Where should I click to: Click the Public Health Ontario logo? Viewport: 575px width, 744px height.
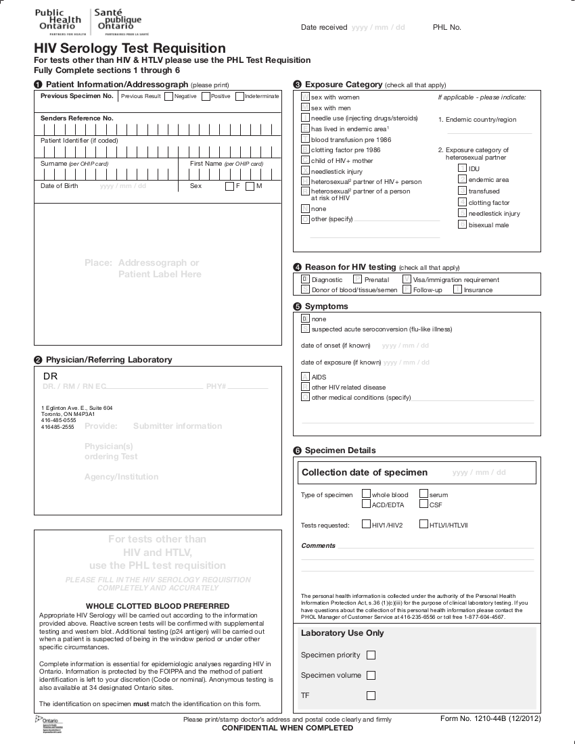click(x=91, y=22)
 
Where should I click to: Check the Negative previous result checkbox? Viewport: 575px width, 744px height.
click(x=168, y=97)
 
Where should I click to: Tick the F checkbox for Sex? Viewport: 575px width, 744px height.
click(x=229, y=186)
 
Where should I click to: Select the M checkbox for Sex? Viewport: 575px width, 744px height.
click(x=250, y=186)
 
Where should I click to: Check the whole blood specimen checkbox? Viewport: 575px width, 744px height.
click(x=366, y=494)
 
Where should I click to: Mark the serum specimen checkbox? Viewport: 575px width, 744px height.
click(x=423, y=494)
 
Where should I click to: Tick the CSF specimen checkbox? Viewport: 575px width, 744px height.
click(x=423, y=504)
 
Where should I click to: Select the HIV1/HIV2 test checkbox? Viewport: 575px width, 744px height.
click(x=366, y=524)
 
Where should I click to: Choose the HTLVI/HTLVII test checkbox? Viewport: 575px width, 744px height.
click(x=423, y=524)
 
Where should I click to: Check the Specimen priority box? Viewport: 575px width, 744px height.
click(x=371, y=655)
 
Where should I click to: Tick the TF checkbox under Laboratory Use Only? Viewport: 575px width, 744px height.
click(x=371, y=695)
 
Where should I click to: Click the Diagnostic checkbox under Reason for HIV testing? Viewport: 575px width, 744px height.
click(x=305, y=279)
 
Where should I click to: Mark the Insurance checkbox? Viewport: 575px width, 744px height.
click(x=457, y=289)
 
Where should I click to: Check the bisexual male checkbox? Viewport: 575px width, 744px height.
click(x=462, y=225)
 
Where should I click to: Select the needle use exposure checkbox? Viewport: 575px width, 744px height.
click(x=305, y=118)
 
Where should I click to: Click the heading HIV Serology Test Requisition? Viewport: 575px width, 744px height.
click(x=130, y=49)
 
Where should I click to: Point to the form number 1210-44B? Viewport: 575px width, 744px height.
click(x=490, y=718)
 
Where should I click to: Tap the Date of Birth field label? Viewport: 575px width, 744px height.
click(x=60, y=186)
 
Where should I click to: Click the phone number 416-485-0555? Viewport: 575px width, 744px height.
click(x=59, y=420)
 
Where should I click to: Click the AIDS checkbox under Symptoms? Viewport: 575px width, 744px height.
click(x=305, y=377)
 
